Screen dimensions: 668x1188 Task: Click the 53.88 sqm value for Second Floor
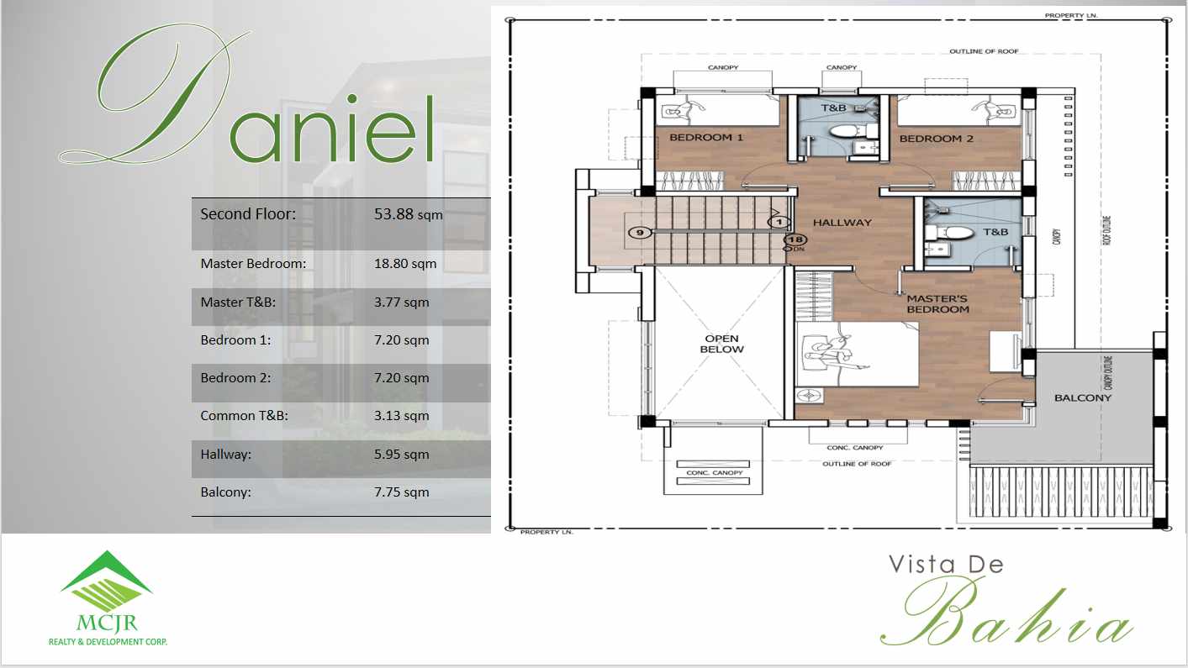[408, 214]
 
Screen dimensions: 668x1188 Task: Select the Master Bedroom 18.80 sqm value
[405, 263]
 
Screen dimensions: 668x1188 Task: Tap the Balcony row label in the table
[225, 492]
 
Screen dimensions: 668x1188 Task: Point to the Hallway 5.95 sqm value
[401, 454]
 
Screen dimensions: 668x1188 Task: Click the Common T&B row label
[244, 415]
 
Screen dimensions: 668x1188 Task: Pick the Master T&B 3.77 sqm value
[401, 302]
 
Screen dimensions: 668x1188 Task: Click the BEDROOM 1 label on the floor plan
[706, 137]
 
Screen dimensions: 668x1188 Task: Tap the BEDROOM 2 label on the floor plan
[936, 138]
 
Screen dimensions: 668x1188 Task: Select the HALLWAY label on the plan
[842, 223]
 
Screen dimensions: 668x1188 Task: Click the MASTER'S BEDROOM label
[937, 304]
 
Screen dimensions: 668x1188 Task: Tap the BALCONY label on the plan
[1083, 397]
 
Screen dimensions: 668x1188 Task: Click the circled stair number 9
[641, 233]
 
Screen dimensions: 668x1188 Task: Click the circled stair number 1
[780, 222]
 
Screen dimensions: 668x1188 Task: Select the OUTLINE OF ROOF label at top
[984, 51]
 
